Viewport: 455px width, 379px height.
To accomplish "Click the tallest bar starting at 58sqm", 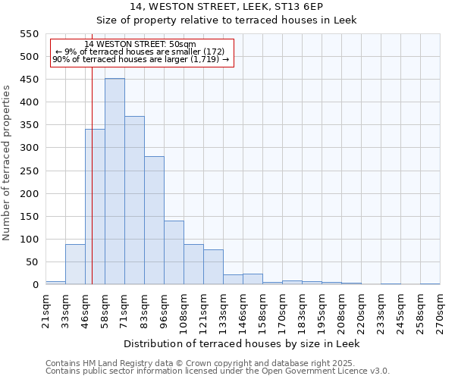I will click(x=115, y=182).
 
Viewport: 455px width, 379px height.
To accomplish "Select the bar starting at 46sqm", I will click(x=95, y=207).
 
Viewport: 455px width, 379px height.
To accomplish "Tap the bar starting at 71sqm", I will click(x=134, y=201).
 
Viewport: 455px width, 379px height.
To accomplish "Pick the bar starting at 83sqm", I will click(x=154, y=221).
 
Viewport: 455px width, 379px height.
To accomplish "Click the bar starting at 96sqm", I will click(x=174, y=253).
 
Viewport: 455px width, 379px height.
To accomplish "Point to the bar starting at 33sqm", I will click(x=75, y=265).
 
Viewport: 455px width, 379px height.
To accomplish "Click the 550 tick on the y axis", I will click(x=29, y=34).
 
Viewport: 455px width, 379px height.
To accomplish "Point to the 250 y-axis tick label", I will click(x=29, y=171).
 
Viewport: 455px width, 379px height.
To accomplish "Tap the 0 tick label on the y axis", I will click(x=35, y=285).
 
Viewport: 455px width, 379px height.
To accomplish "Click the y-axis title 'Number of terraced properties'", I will click(x=7, y=163).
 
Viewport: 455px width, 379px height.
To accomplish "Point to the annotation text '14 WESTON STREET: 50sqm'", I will click(x=140, y=45).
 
